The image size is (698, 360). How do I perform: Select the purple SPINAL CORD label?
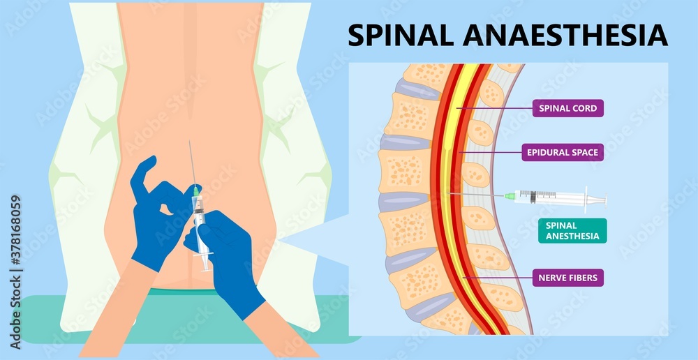567,108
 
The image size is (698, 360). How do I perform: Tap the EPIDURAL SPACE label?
561,151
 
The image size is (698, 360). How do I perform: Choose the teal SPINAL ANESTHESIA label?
572,231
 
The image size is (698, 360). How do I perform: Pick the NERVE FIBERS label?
567,278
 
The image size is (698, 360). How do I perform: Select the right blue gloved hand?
230,258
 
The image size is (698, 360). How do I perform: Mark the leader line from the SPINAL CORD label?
496,108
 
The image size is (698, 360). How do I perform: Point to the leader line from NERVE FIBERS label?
499,278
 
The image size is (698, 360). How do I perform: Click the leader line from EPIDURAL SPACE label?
492,151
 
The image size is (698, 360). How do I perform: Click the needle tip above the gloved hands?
188,142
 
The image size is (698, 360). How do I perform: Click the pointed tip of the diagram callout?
282,241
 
